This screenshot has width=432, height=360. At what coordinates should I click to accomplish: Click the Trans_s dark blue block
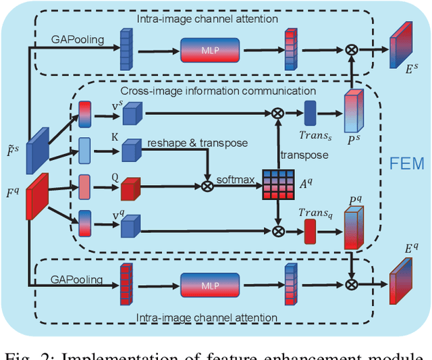pyautogui.click(x=310, y=112)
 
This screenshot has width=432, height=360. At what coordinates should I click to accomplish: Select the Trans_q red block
pyautogui.click(x=310, y=232)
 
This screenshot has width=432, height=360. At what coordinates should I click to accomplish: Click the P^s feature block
pyautogui.click(x=354, y=112)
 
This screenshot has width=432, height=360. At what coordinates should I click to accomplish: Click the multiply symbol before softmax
pyautogui.click(x=207, y=184)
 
